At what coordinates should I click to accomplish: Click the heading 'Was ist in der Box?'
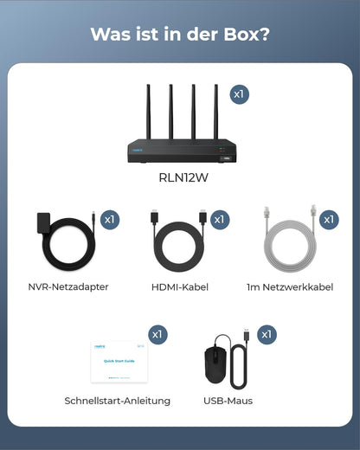180,35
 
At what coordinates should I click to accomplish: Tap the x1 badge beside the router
240,93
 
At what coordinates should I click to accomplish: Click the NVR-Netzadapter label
68,286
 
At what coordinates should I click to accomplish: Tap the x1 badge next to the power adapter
110,221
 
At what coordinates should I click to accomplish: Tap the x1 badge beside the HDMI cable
220,221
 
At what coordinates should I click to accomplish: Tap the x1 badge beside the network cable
330,221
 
